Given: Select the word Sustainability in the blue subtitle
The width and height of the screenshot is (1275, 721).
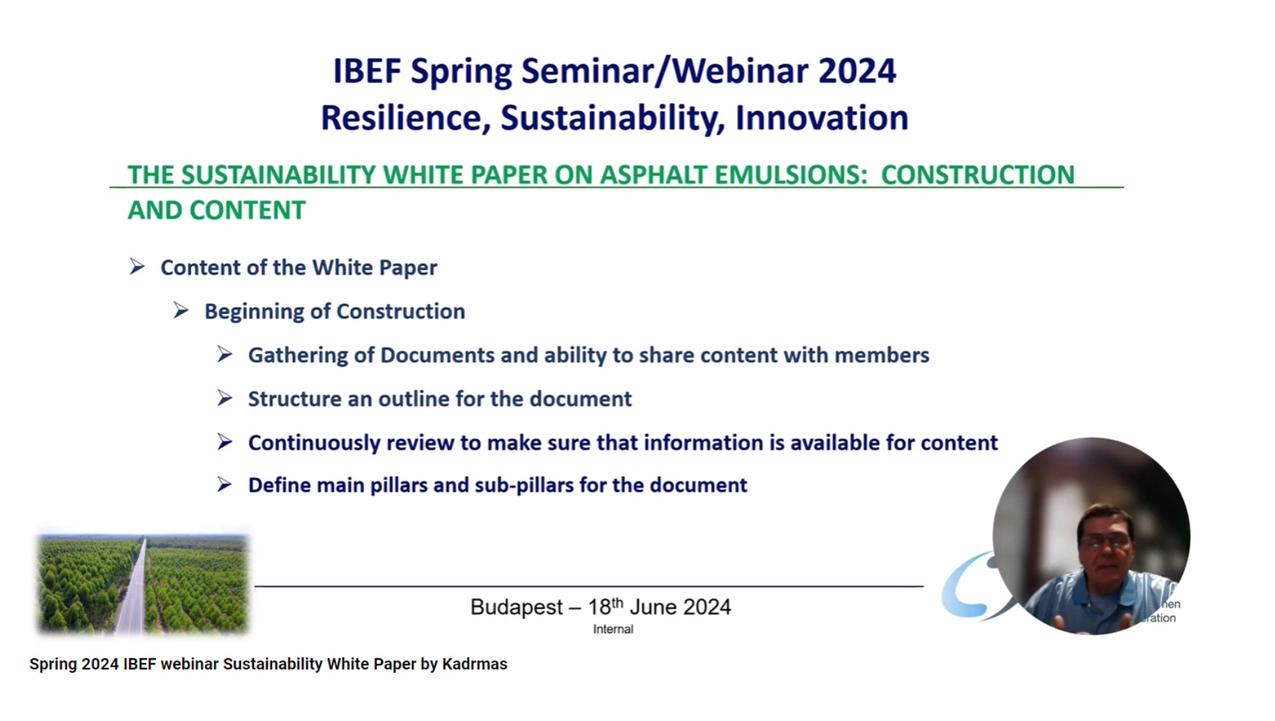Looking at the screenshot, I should tap(612, 118).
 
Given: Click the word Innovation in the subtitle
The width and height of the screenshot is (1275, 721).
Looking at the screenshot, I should tap(821, 118).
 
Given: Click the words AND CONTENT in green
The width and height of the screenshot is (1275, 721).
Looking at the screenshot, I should tap(216, 210).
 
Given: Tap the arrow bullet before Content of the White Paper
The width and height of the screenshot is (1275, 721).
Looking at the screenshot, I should tap(137, 267).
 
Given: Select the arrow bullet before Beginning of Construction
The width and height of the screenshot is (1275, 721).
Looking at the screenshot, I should tap(182, 310).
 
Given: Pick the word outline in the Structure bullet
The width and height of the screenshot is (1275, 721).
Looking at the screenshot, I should tap(413, 399).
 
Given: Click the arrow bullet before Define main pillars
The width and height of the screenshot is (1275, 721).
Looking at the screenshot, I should tap(224, 485).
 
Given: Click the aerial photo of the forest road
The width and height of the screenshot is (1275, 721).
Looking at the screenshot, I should tap(143, 585).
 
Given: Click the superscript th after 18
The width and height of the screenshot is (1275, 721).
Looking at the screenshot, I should tap(617, 602).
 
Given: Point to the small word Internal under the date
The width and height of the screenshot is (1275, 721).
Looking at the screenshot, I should tap(613, 629).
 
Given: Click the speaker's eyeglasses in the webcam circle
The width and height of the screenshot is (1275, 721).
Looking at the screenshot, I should tap(1107, 542).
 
